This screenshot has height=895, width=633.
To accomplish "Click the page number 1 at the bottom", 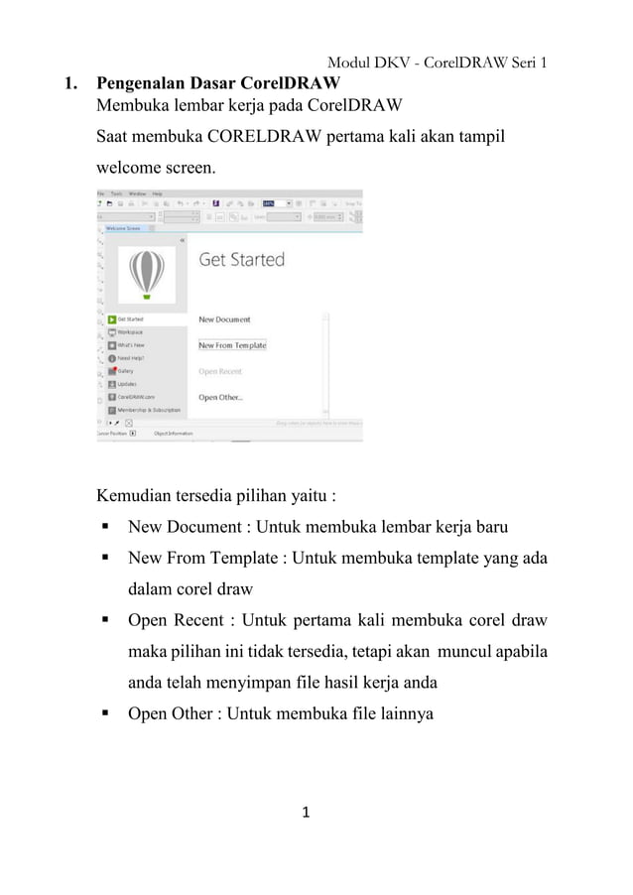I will [307, 814].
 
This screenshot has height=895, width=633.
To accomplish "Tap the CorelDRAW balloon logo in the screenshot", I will [147, 272].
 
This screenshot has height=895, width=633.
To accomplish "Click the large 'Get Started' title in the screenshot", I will [241, 260].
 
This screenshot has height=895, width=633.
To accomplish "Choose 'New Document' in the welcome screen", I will [224, 320].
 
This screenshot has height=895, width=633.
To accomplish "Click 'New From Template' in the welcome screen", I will [232, 345].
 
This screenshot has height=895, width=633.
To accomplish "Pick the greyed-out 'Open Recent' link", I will [220, 371].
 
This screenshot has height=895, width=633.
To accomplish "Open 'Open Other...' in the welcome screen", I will [220, 397].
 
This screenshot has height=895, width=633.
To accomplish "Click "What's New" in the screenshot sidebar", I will [131, 345].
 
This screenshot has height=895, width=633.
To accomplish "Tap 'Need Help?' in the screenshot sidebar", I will [131, 358].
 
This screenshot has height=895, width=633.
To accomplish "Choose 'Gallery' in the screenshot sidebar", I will [126, 371].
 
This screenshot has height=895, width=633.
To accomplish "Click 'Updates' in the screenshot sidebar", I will [127, 384].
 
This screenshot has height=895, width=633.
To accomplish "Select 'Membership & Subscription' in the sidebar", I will [149, 410].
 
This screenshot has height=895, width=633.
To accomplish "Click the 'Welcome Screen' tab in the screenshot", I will [122, 228].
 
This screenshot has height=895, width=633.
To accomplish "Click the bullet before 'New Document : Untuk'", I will [103, 528].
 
